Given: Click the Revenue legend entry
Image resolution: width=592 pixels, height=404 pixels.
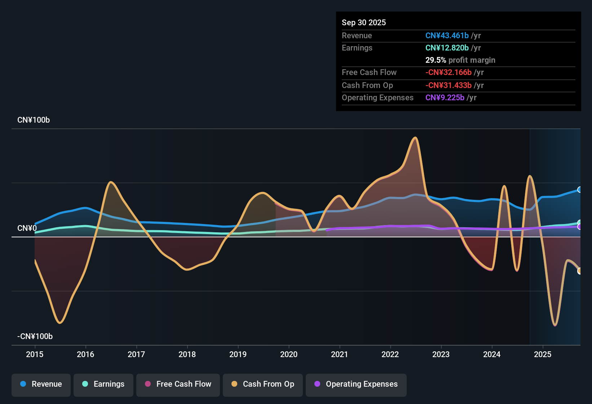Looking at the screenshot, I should [x=41, y=384].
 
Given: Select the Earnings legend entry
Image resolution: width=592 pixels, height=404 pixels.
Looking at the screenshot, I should [x=103, y=384].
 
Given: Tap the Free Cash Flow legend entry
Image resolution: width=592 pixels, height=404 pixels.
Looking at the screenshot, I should [x=178, y=384].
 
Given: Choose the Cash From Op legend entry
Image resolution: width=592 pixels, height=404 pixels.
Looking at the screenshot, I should [x=263, y=384].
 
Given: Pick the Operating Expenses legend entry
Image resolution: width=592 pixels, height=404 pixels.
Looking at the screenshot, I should [x=356, y=384].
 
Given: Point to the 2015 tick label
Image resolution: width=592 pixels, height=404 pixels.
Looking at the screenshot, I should [x=35, y=354].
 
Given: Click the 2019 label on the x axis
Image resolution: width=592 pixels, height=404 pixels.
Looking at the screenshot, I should [x=238, y=354].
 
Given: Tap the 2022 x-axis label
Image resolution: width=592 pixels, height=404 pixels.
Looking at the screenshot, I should [x=390, y=354].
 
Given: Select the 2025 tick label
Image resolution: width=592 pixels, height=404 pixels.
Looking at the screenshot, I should [x=543, y=354].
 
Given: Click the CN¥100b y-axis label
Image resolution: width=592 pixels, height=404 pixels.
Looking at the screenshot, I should [x=34, y=120].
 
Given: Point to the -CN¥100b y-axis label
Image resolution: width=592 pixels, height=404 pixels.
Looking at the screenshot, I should [x=35, y=337].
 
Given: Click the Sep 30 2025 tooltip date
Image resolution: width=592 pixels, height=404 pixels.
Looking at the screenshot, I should [x=364, y=22].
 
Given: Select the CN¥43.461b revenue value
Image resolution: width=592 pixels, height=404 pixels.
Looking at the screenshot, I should [x=447, y=35].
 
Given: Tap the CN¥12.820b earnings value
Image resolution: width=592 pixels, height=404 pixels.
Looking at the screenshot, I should [x=447, y=48].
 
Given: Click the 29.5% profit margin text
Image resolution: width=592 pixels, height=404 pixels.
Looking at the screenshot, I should [x=460, y=60].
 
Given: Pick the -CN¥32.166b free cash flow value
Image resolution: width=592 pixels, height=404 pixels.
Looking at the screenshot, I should [x=449, y=73].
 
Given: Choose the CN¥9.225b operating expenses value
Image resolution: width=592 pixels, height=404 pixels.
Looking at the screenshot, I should [x=445, y=98].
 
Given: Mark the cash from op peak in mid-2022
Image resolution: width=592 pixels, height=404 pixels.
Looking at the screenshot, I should [x=415, y=137].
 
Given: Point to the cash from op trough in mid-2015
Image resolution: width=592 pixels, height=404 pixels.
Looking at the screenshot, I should [x=60, y=323].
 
